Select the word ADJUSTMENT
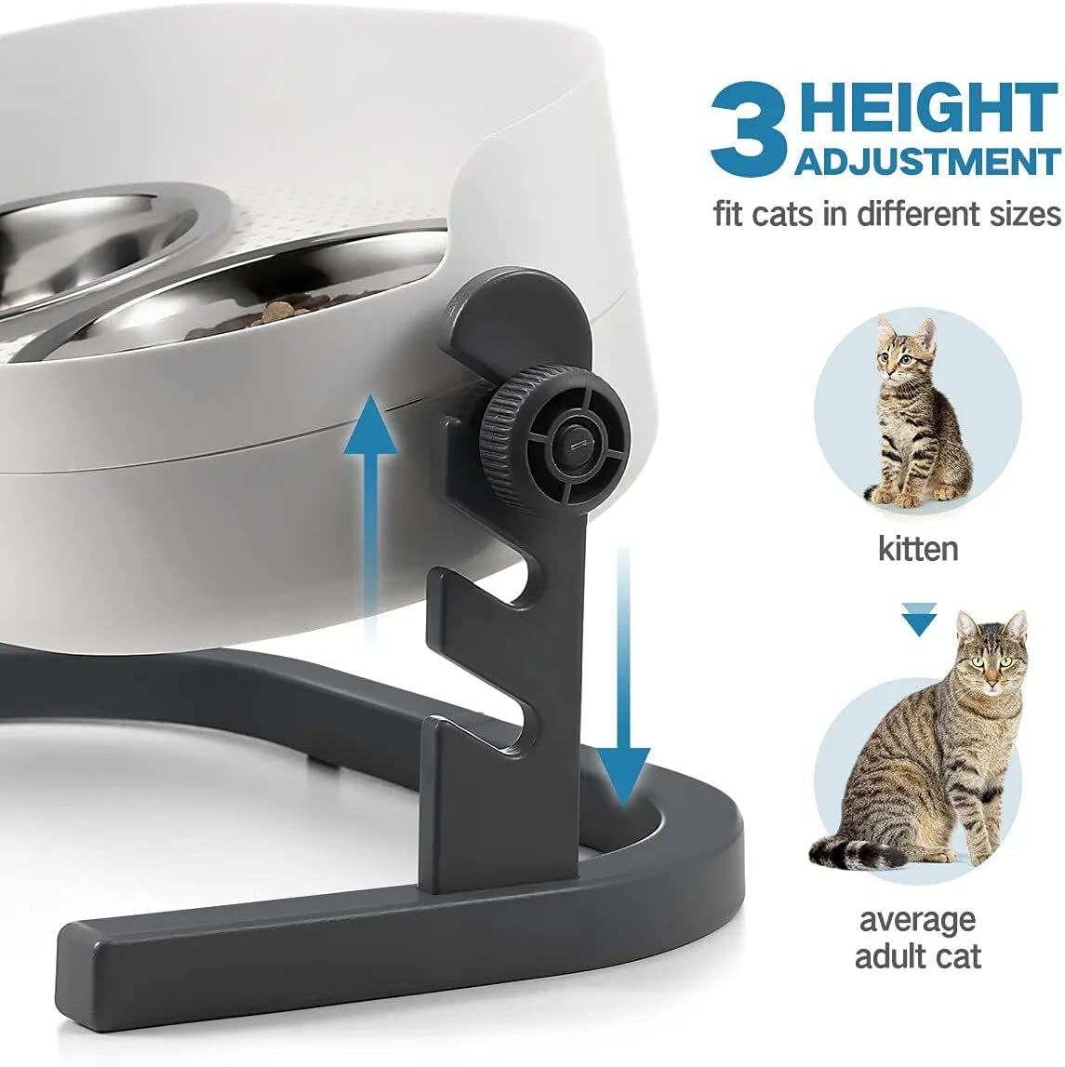(926, 161)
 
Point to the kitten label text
(918, 548)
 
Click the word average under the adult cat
(917, 920)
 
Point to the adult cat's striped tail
(851, 849)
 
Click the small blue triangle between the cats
(919, 620)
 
